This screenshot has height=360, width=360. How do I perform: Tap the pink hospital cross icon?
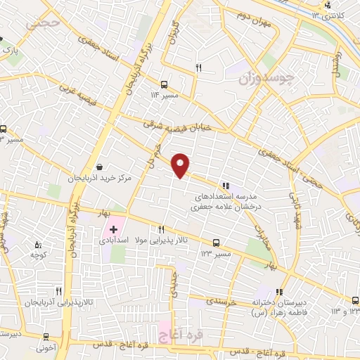(113, 230)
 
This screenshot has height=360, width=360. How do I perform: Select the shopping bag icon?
(101, 167)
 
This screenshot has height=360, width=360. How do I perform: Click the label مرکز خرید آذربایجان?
(100, 179)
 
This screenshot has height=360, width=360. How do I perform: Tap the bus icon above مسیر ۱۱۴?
(164, 82)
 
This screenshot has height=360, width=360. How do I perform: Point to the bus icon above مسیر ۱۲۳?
(216, 240)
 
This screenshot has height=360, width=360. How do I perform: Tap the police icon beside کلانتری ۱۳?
(327, 7)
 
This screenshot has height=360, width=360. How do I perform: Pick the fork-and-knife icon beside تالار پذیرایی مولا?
(161, 229)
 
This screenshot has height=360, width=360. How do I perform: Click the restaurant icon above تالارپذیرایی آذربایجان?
(59, 290)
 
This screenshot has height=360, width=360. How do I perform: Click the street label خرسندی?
(223, 300)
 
